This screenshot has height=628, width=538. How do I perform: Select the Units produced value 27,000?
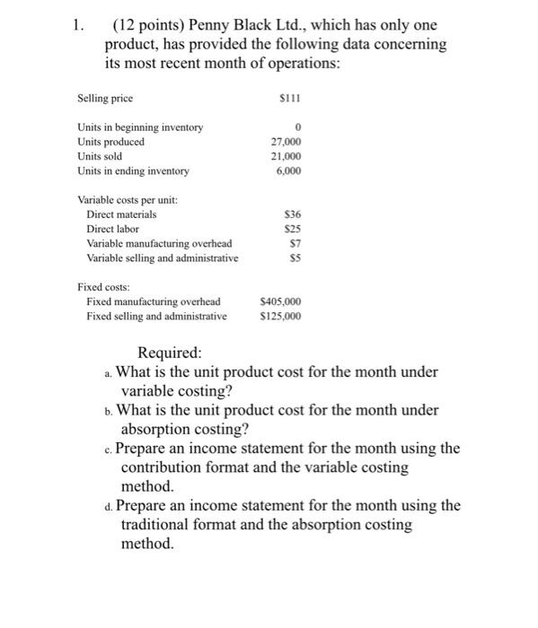pyautogui.click(x=285, y=142)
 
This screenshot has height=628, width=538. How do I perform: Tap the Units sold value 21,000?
pyautogui.click(x=285, y=156)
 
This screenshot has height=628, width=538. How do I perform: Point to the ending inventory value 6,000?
pyautogui.click(x=287, y=170)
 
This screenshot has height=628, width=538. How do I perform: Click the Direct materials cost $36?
pyautogui.click(x=292, y=214)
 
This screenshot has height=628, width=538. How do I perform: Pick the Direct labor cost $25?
pyautogui.click(x=292, y=229)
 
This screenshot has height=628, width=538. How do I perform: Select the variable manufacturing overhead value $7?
pyautogui.click(x=294, y=243)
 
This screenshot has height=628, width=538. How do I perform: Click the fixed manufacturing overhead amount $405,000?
pyautogui.click(x=280, y=301)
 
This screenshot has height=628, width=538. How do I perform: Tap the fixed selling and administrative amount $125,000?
pyautogui.click(x=280, y=316)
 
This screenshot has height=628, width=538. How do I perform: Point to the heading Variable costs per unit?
pyautogui.click(x=128, y=200)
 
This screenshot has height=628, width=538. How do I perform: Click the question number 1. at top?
pyautogui.click(x=80, y=25)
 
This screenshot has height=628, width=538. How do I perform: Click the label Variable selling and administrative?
pyautogui.click(x=163, y=257)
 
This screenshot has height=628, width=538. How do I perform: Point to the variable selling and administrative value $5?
pyautogui.click(x=294, y=257)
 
